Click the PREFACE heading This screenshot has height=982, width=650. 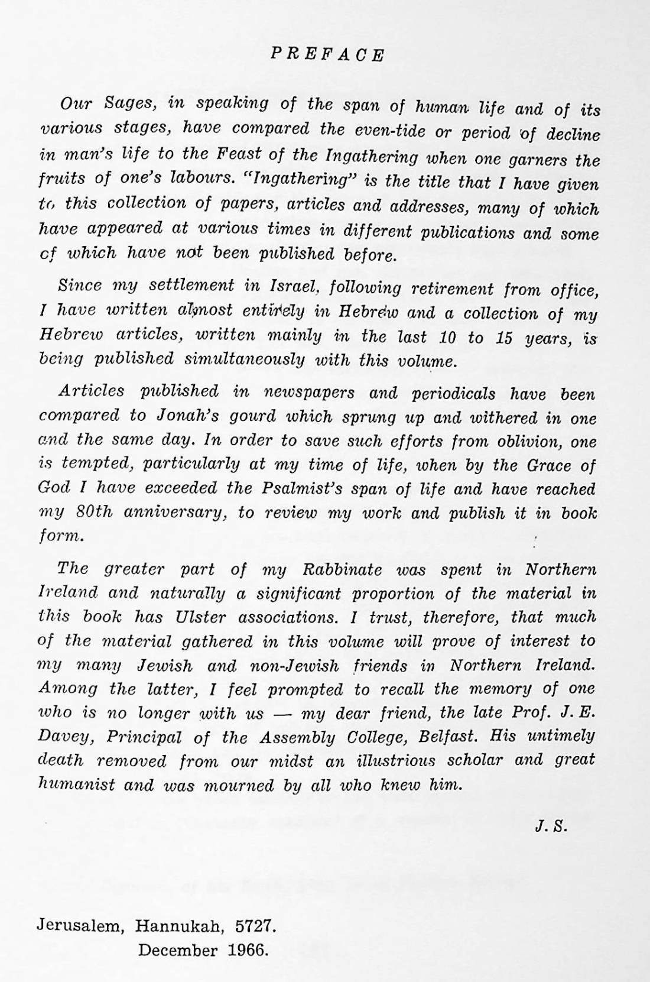(327, 55)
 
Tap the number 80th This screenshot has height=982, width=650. (95, 513)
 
